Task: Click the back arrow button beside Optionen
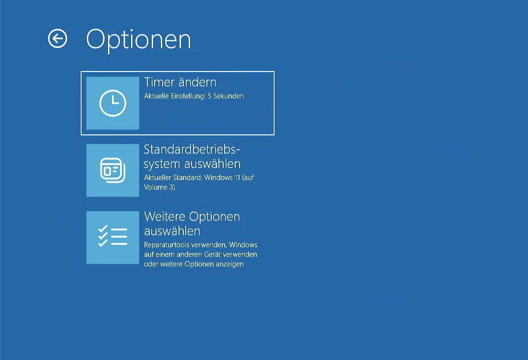pyautogui.click(x=58, y=38)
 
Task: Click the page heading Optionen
pyautogui.click(x=138, y=40)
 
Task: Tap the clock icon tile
pyautogui.click(x=113, y=103)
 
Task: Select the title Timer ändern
pyautogui.click(x=180, y=82)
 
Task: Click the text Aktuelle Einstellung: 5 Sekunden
pyautogui.click(x=194, y=96)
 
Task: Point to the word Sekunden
pyautogui.click(x=228, y=96)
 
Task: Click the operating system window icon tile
pyautogui.click(x=113, y=170)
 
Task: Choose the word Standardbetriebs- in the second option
pyautogui.click(x=192, y=149)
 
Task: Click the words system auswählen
pyautogui.click(x=192, y=164)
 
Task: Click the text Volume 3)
pyautogui.click(x=160, y=187)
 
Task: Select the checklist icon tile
pyautogui.click(x=113, y=238)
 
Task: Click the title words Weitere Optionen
pyautogui.click(x=192, y=216)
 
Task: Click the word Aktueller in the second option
pyautogui.click(x=157, y=178)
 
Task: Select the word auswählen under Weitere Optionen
pyautogui.click(x=172, y=231)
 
